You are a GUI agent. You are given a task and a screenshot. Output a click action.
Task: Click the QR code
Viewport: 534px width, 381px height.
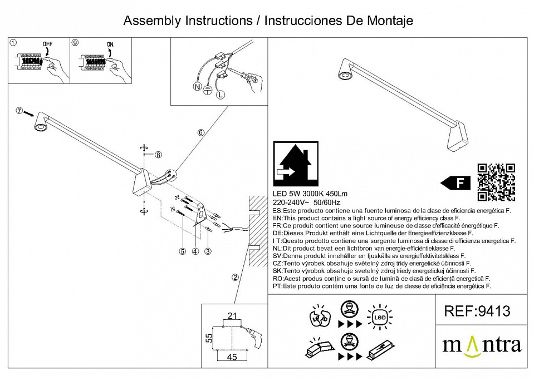[496, 182]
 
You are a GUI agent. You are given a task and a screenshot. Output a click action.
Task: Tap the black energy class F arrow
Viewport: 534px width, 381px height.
[455, 182]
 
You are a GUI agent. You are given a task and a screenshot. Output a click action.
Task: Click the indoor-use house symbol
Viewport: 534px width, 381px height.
[296, 165]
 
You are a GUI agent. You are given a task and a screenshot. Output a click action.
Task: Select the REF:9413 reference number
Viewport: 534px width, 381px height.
[477, 311]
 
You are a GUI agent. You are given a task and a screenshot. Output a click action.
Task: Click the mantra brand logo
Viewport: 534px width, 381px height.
[482, 344]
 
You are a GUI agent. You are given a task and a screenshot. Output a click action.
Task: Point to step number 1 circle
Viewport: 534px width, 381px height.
[14, 42]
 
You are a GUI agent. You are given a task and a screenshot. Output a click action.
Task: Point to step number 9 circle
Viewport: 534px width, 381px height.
[76, 42]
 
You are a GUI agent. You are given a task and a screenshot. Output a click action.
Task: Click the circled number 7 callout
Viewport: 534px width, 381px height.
[19, 112]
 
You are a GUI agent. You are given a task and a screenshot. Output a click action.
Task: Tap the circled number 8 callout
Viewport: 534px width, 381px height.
[158, 155]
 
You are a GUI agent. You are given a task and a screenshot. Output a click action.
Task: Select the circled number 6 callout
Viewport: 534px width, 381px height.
[200, 132]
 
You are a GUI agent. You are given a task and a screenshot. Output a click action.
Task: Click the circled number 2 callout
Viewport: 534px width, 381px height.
[236, 277]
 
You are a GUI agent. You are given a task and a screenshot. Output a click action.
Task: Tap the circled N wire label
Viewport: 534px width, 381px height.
[196, 86]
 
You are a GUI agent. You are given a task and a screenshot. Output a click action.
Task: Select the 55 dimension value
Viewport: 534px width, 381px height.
[209, 338]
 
